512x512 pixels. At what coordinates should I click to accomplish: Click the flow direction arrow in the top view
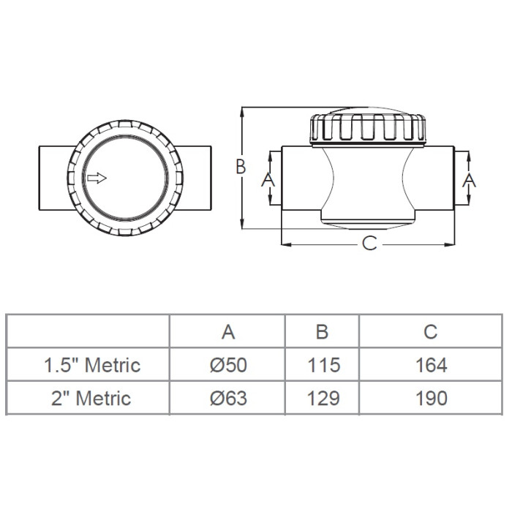pyautogui.click(x=97, y=178)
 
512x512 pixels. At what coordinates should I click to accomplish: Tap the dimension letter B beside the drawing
pyautogui.click(x=241, y=167)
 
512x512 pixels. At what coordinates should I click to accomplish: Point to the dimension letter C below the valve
pyautogui.click(x=369, y=244)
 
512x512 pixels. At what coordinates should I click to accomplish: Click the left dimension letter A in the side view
pyautogui.click(x=268, y=180)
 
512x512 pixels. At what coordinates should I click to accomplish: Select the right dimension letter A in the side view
pyautogui.click(x=469, y=180)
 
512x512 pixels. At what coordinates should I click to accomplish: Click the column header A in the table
pyautogui.click(x=228, y=332)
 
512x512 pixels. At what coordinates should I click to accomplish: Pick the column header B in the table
pyautogui.click(x=322, y=332)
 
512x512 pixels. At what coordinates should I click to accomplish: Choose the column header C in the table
pyautogui.click(x=430, y=332)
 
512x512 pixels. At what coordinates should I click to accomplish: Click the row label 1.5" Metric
pyautogui.click(x=92, y=365)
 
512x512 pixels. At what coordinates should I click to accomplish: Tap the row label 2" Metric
pyautogui.click(x=91, y=399)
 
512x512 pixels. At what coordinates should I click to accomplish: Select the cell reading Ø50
pyautogui.click(x=228, y=365)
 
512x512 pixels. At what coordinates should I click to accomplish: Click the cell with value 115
pyautogui.click(x=323, y=365)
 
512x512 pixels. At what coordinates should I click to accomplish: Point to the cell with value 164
pyautogui.click(x=431, y=365)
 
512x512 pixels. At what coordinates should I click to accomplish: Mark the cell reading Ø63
pyautogui.click(x=228, y=399)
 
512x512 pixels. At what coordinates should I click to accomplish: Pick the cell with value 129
pyautogui.click(x=323, y=399)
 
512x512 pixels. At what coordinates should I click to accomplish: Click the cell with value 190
pyautogui.click(x=431, y=399)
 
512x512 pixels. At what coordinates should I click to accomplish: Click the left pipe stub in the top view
pyautogui.click(x=55, y=178)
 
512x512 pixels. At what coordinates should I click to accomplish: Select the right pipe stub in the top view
pyautogui.click(x=195, y=178)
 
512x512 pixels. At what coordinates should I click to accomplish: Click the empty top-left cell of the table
pyautogui.click(x=89, y=331)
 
